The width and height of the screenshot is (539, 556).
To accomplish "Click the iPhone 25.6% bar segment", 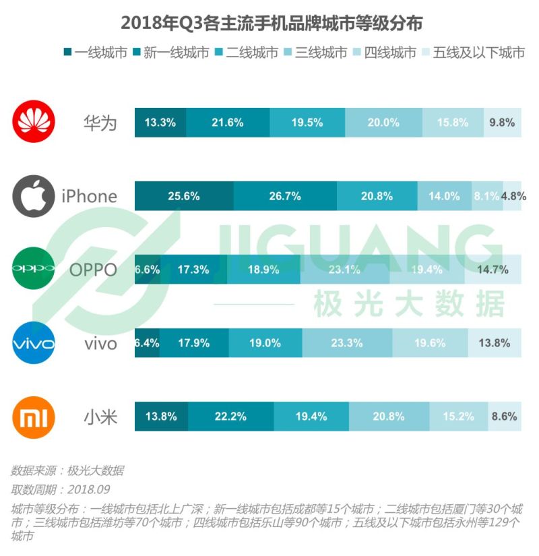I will point(184,196).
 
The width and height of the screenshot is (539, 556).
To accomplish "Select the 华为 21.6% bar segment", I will point(228,123).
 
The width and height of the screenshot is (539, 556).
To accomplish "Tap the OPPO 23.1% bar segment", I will point(344,270).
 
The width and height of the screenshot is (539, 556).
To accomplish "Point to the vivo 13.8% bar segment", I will point(494,343).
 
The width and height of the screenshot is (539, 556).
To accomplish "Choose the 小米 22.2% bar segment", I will point(230,416).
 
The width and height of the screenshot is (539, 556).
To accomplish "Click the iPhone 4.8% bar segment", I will point(512,196).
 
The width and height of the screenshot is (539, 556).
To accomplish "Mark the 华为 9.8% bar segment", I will point(502,123).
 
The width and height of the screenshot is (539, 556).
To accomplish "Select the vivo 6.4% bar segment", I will point(147,343).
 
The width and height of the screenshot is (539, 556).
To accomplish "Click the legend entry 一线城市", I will point(95,53).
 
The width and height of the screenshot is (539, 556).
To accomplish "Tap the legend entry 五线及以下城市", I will point(472,53).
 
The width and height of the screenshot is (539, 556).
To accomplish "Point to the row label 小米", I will point(100,417).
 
